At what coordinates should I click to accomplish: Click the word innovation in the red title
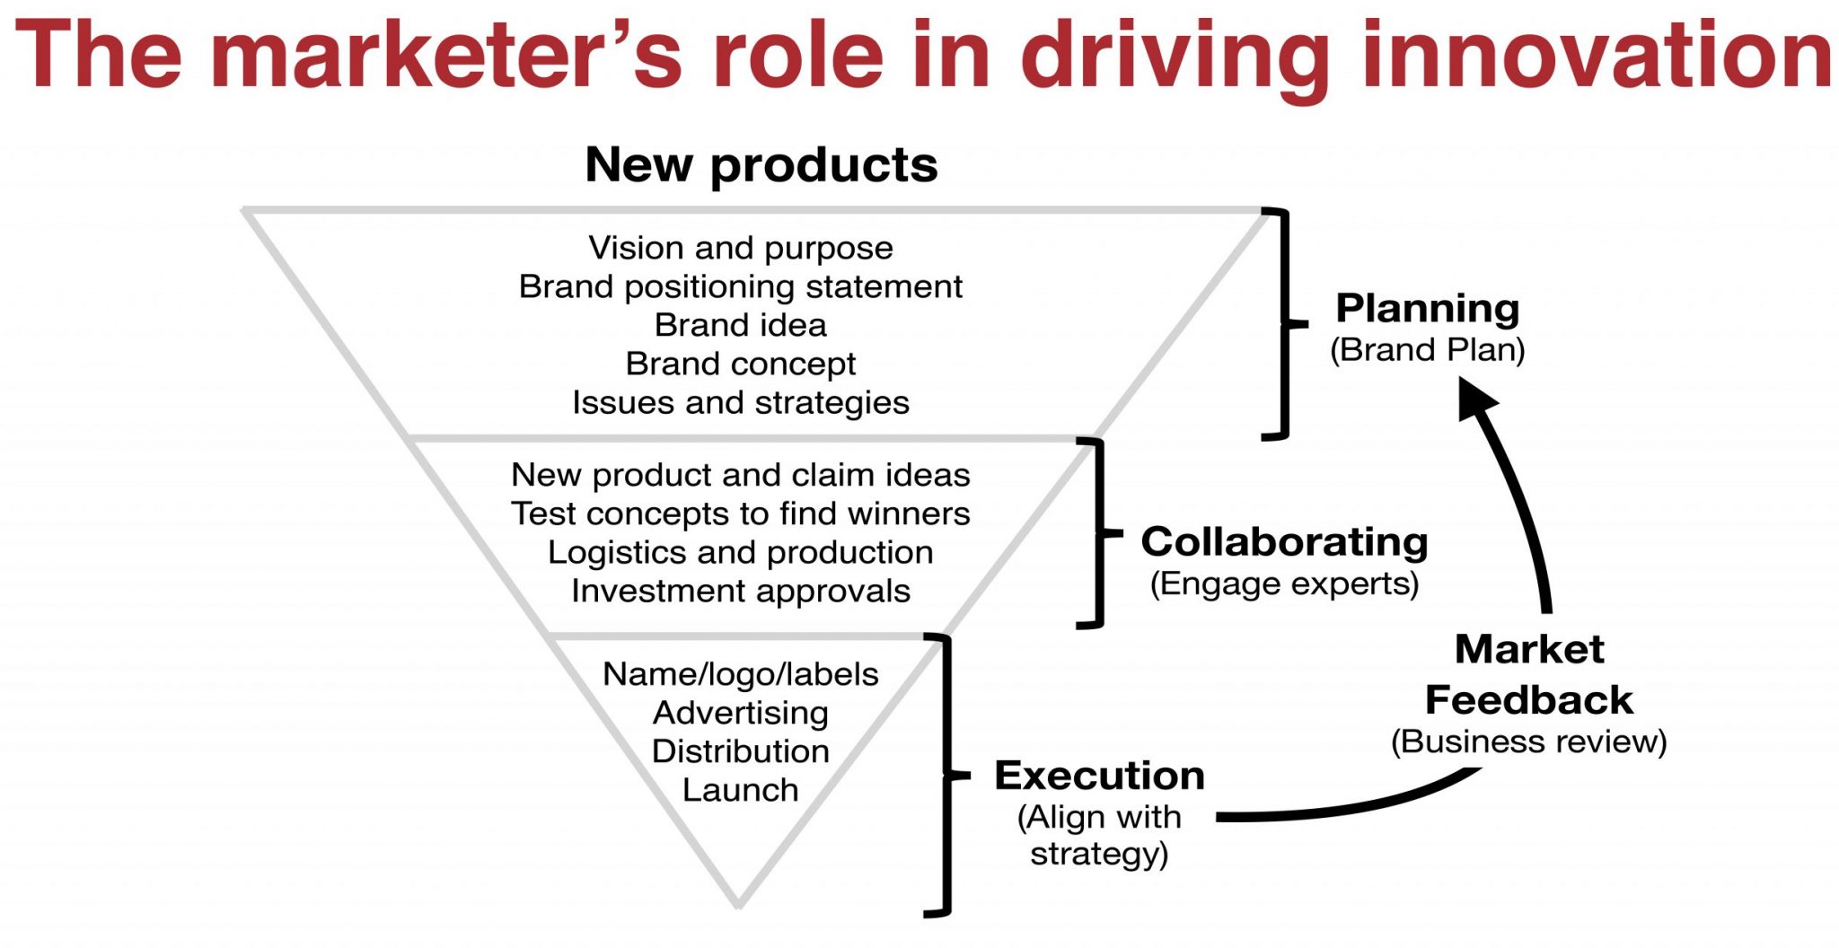(x=1597, y=56)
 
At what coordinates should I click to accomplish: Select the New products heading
(x=761, y=165)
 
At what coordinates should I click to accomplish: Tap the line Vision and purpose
(x=741, y=248)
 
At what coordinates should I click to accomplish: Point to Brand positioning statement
(x=741, y=287)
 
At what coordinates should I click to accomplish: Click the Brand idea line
(x=741, y=325)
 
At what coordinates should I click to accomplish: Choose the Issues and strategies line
(x=741, y=403)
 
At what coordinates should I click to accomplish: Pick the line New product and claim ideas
(x=741, y=475)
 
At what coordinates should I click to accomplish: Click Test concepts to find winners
(x=741, y=513)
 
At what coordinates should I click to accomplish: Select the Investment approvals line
(x=741, y=591)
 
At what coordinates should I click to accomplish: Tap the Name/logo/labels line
(x=741, y=674)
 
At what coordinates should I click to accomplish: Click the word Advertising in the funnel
(x=741, y=713)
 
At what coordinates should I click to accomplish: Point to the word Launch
(x=741, y=790)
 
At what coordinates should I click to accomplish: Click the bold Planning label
(x=1428, y=308)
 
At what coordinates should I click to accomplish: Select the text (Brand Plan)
(x=1428, y=349)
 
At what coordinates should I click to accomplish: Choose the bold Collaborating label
(x=1284, y=542)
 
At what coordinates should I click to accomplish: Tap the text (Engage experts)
(x=1284, y=584)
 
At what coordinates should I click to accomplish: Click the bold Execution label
(x=1099, y=776)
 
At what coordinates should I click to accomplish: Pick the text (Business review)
(x=1528, y=742)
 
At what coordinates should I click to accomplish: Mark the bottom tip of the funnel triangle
(x=738, y=905)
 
